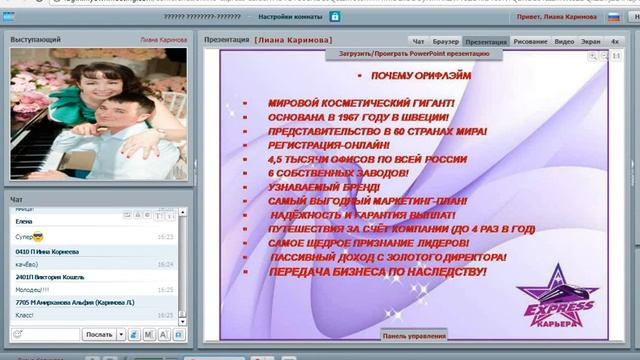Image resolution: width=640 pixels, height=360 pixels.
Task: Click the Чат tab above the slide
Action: point(419,42)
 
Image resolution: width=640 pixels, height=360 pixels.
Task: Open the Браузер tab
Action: point(446,42)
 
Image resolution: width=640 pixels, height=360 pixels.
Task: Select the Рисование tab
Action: point(530,42)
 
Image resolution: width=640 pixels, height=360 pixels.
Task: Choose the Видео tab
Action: point(564,42)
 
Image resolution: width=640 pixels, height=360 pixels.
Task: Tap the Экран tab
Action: point(591,42)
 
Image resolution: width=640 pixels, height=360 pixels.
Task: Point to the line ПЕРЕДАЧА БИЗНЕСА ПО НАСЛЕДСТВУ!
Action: point(377,271)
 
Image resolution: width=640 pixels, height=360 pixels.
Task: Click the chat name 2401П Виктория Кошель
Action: point(50,277)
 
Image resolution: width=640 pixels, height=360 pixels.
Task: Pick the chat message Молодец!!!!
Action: point(31,289)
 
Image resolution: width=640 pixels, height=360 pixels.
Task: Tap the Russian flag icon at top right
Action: point(613,18)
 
